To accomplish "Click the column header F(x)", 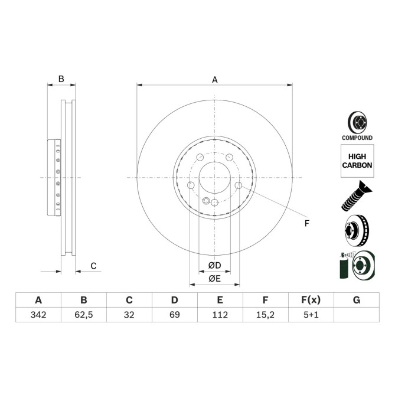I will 311,300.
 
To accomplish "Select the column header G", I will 356,300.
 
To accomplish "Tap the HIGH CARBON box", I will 357,161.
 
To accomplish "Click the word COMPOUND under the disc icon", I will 357,138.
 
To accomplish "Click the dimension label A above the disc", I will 215,79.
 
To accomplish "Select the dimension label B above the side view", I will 61,79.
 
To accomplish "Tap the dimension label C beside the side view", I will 93,266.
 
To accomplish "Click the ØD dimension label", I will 214,265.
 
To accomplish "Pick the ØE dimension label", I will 214,278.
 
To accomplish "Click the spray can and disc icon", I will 356,265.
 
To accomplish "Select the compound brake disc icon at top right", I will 357,122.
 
